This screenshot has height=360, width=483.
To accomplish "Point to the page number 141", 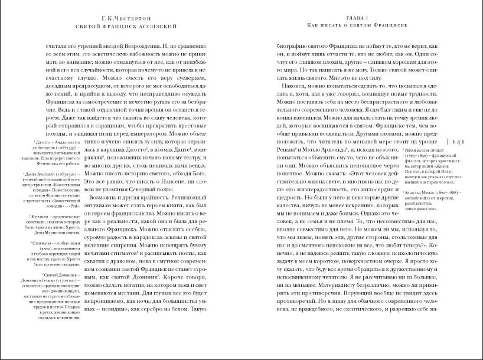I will click(459, 142).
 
